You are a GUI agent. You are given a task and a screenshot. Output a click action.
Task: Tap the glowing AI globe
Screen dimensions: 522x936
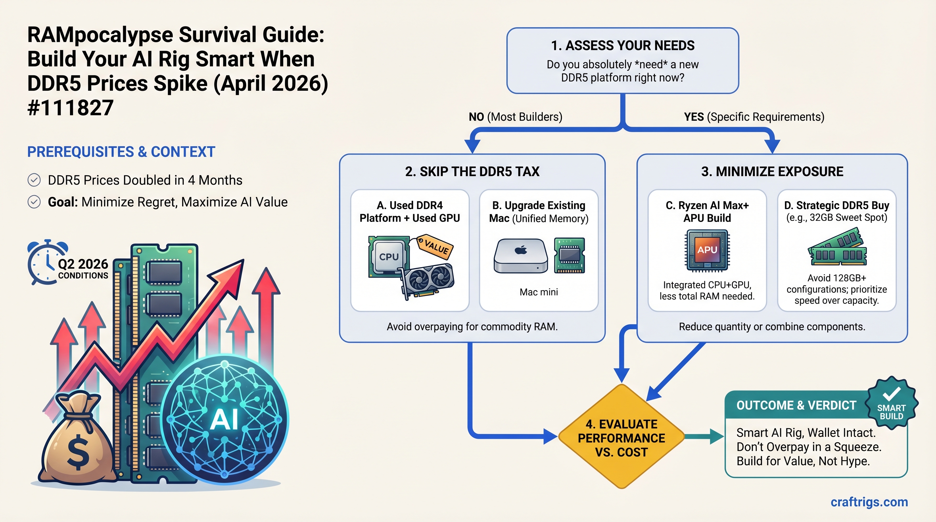pos(224,419)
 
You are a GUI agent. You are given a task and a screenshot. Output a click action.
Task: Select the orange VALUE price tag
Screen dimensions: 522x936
pos(435,247)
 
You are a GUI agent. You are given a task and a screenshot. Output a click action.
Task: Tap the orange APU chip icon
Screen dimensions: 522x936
pos(707,250)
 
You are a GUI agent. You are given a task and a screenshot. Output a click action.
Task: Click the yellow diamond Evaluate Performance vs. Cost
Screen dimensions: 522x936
pos(621,437)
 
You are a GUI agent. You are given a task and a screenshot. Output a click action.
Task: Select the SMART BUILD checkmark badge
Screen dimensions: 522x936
pos(891,403)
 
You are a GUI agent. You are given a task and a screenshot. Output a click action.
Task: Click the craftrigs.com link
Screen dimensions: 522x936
pos(869,502)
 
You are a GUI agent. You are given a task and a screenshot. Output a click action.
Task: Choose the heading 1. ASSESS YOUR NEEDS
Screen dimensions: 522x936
pos(622,46)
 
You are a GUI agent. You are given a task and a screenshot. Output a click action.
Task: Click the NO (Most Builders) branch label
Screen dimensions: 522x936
pos(515,117)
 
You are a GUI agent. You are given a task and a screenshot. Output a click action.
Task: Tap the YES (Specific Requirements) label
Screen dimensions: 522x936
pos(754,117)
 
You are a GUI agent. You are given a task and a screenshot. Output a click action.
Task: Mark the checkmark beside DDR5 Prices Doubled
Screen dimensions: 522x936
pos(34,180)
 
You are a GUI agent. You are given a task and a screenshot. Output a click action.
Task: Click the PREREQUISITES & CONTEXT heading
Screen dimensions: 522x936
pos(121,152)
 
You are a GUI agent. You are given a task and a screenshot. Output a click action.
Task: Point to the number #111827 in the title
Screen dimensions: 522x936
pos(70,108)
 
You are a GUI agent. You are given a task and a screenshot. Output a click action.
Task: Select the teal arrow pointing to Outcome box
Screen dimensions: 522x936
pos(705,437)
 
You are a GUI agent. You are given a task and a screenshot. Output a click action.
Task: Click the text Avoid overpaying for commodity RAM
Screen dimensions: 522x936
pos(472,327)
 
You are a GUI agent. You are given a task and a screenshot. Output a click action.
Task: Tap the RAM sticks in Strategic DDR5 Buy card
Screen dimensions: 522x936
pos(837,248)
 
